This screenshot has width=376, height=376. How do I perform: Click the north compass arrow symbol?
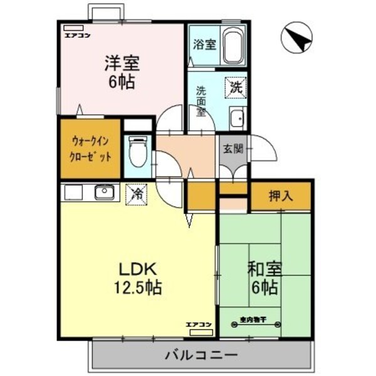point(297,39)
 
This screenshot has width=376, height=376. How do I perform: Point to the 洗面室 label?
point(201,100)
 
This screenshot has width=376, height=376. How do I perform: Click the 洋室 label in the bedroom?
point(122,63)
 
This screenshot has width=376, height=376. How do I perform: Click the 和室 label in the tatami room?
point(265,269)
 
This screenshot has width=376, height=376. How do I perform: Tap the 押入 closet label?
point(281,196)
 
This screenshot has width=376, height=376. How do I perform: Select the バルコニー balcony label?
point(202,355)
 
